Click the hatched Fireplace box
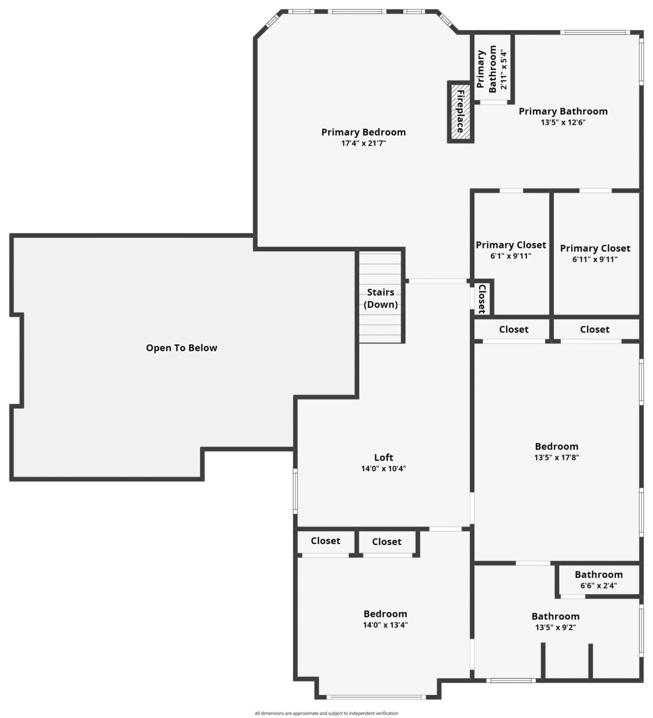click(460, 112)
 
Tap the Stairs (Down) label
click(381, 298)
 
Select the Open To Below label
click(182, 348)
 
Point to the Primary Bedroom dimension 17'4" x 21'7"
click(363, 143)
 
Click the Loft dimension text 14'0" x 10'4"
click(384, 469)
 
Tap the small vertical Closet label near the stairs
click(482, 299)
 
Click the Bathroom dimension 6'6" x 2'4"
click(598, 586)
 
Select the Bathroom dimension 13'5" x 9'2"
click(556, 628)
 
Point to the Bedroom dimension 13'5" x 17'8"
click(557, 458)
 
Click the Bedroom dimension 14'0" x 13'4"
click(385, 625)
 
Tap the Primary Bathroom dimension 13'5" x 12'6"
click(563, 123)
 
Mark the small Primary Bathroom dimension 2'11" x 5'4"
click(504, 69)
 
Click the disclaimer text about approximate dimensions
click(326, 713)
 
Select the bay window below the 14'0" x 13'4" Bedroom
click(377, 697)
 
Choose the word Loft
click(384, 458)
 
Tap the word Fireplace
click(461, 111)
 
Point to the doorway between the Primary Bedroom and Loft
click(437, 281)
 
